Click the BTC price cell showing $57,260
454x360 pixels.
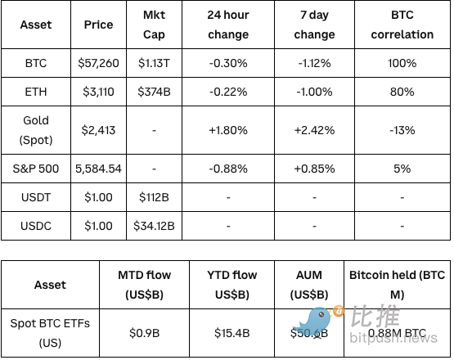tap(98, 62)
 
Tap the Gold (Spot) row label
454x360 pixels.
tap(36, 130)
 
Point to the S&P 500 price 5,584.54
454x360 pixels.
tap(98, 169)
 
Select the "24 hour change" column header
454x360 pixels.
tap(228, 25)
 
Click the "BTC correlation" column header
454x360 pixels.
tap(402, 25)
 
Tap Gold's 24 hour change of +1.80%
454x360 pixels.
tap(228, 130)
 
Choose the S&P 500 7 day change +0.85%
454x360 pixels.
tap(314, 169)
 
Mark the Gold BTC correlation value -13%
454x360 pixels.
tap(402, 130)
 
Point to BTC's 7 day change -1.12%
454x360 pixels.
tap(314, 62)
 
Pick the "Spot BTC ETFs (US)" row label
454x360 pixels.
tap(50, 333)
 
